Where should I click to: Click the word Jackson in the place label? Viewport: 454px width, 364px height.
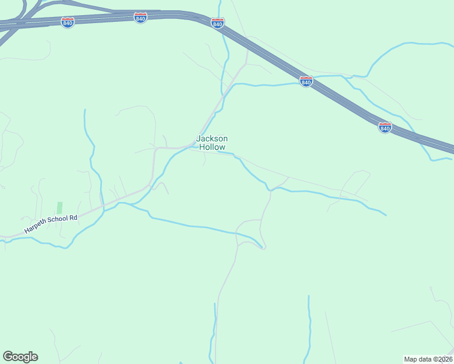point(212,139)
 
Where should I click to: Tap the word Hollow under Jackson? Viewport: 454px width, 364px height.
point(212,147)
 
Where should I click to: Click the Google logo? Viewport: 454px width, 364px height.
point(20,357)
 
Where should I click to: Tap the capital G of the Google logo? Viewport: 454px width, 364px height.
point(8,356)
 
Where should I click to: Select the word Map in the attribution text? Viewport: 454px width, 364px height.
point(411,359)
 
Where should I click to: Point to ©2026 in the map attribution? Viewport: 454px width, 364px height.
point(442,359)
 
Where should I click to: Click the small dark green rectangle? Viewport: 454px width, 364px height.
point(59,207)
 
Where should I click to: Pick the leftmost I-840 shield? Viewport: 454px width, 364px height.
point(68,22)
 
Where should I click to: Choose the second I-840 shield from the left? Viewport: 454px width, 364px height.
point(141,18)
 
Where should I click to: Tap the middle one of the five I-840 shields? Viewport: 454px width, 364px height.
point(218,22)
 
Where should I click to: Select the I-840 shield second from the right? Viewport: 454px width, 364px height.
point(306,81)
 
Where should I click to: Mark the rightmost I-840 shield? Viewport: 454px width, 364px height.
point(385,127)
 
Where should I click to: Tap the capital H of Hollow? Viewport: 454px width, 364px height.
point(202,147)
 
